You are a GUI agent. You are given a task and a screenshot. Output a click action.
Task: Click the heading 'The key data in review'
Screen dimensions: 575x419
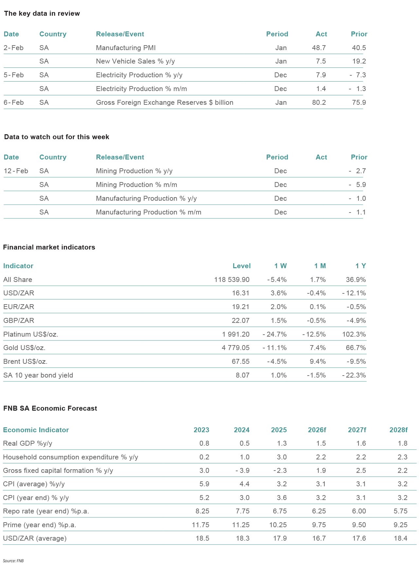(x=42, y=13)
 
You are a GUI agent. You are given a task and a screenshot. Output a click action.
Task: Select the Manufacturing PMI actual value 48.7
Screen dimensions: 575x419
(x=319, y=48)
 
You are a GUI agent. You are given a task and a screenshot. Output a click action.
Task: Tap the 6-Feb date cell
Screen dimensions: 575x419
(x=14, y=102)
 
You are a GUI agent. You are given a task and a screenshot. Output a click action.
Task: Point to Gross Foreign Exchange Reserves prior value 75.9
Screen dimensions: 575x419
(x=359, y=102)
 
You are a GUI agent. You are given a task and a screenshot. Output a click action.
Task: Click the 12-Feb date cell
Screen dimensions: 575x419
(x=16, y=171)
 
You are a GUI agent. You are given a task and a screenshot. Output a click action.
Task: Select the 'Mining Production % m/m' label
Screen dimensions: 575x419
(x=137, y=185)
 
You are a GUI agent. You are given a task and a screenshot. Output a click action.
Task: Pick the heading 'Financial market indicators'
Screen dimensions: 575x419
(x=49, y=247)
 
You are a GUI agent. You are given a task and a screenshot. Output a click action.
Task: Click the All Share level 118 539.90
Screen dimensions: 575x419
(x=232, y=280)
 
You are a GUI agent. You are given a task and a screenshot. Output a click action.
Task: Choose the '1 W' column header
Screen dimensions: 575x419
(x=280, y=266)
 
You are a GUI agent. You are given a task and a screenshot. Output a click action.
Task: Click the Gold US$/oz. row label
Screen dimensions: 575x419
(x=24, y=348)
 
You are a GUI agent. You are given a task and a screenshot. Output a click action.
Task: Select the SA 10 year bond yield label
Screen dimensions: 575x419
(x=38, y=375)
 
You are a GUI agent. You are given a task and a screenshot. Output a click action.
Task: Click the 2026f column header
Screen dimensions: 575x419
(x=317, y=430)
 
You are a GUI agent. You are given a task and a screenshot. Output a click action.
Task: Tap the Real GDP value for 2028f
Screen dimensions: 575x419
(x=403, y=443)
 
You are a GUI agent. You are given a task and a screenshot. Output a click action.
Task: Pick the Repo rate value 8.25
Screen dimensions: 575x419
(x=202, y=511)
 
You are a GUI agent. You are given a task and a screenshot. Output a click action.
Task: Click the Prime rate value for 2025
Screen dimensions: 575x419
(x=278, y=525)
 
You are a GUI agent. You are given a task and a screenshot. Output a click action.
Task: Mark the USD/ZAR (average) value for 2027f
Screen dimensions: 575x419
(x=359, y=538)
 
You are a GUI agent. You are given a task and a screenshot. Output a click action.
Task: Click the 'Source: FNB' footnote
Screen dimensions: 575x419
(x=13, y=561)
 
